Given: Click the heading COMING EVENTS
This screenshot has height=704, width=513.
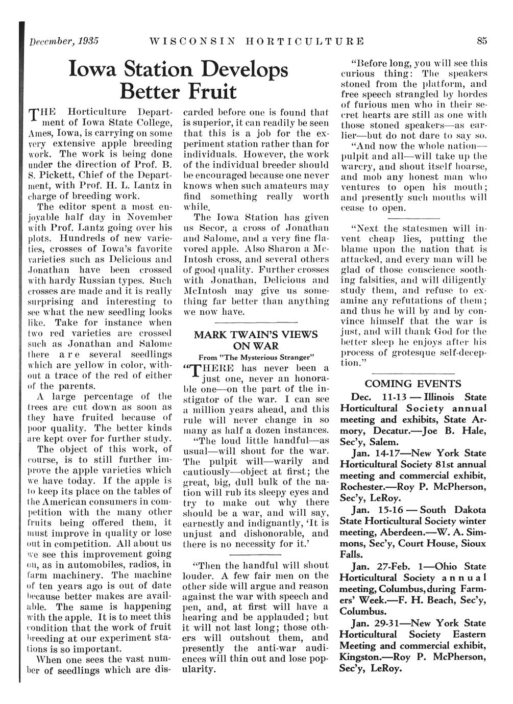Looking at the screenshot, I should (413, 384).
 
